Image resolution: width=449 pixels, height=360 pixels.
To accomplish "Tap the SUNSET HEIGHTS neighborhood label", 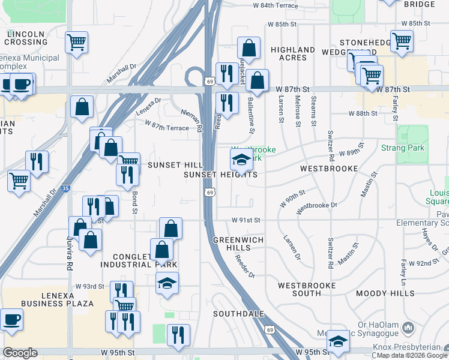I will (220, 175).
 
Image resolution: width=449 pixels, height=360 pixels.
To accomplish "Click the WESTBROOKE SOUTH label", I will (300, 289).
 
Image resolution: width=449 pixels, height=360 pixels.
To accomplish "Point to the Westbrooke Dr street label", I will (317, 205).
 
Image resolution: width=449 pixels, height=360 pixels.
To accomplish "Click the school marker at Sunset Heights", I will (241, 161).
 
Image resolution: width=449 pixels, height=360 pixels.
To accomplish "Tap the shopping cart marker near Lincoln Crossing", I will (77, 43).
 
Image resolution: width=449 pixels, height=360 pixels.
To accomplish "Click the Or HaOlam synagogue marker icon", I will (409, 328).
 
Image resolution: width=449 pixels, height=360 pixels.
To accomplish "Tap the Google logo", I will (20, 353).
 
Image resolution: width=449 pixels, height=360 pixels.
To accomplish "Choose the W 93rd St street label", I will (92, 286).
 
